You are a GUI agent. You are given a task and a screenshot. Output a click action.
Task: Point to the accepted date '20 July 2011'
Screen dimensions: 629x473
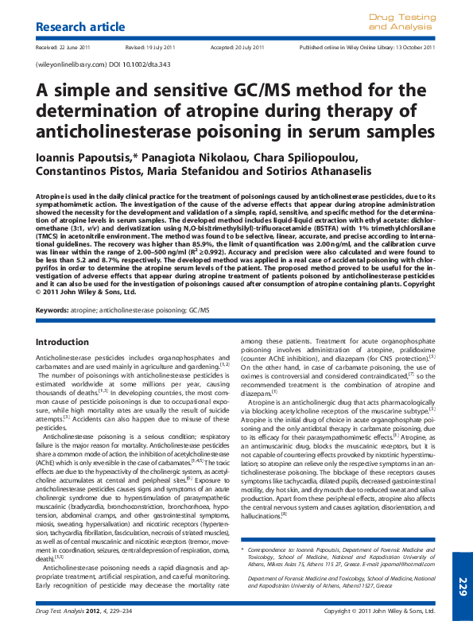click(x=246, y=48)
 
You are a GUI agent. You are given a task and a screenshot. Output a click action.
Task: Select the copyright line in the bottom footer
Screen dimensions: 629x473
click(x=380, y=611)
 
